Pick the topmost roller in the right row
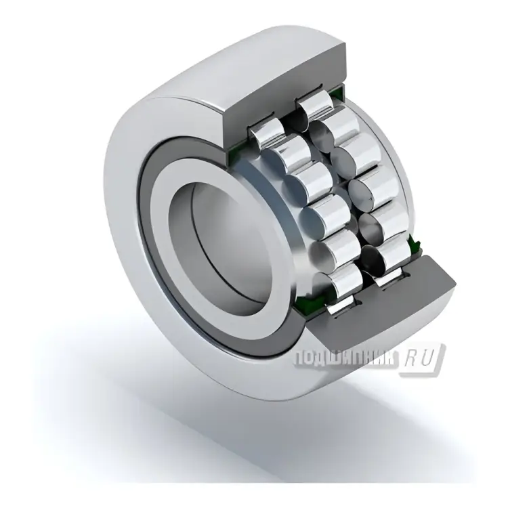316,106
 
